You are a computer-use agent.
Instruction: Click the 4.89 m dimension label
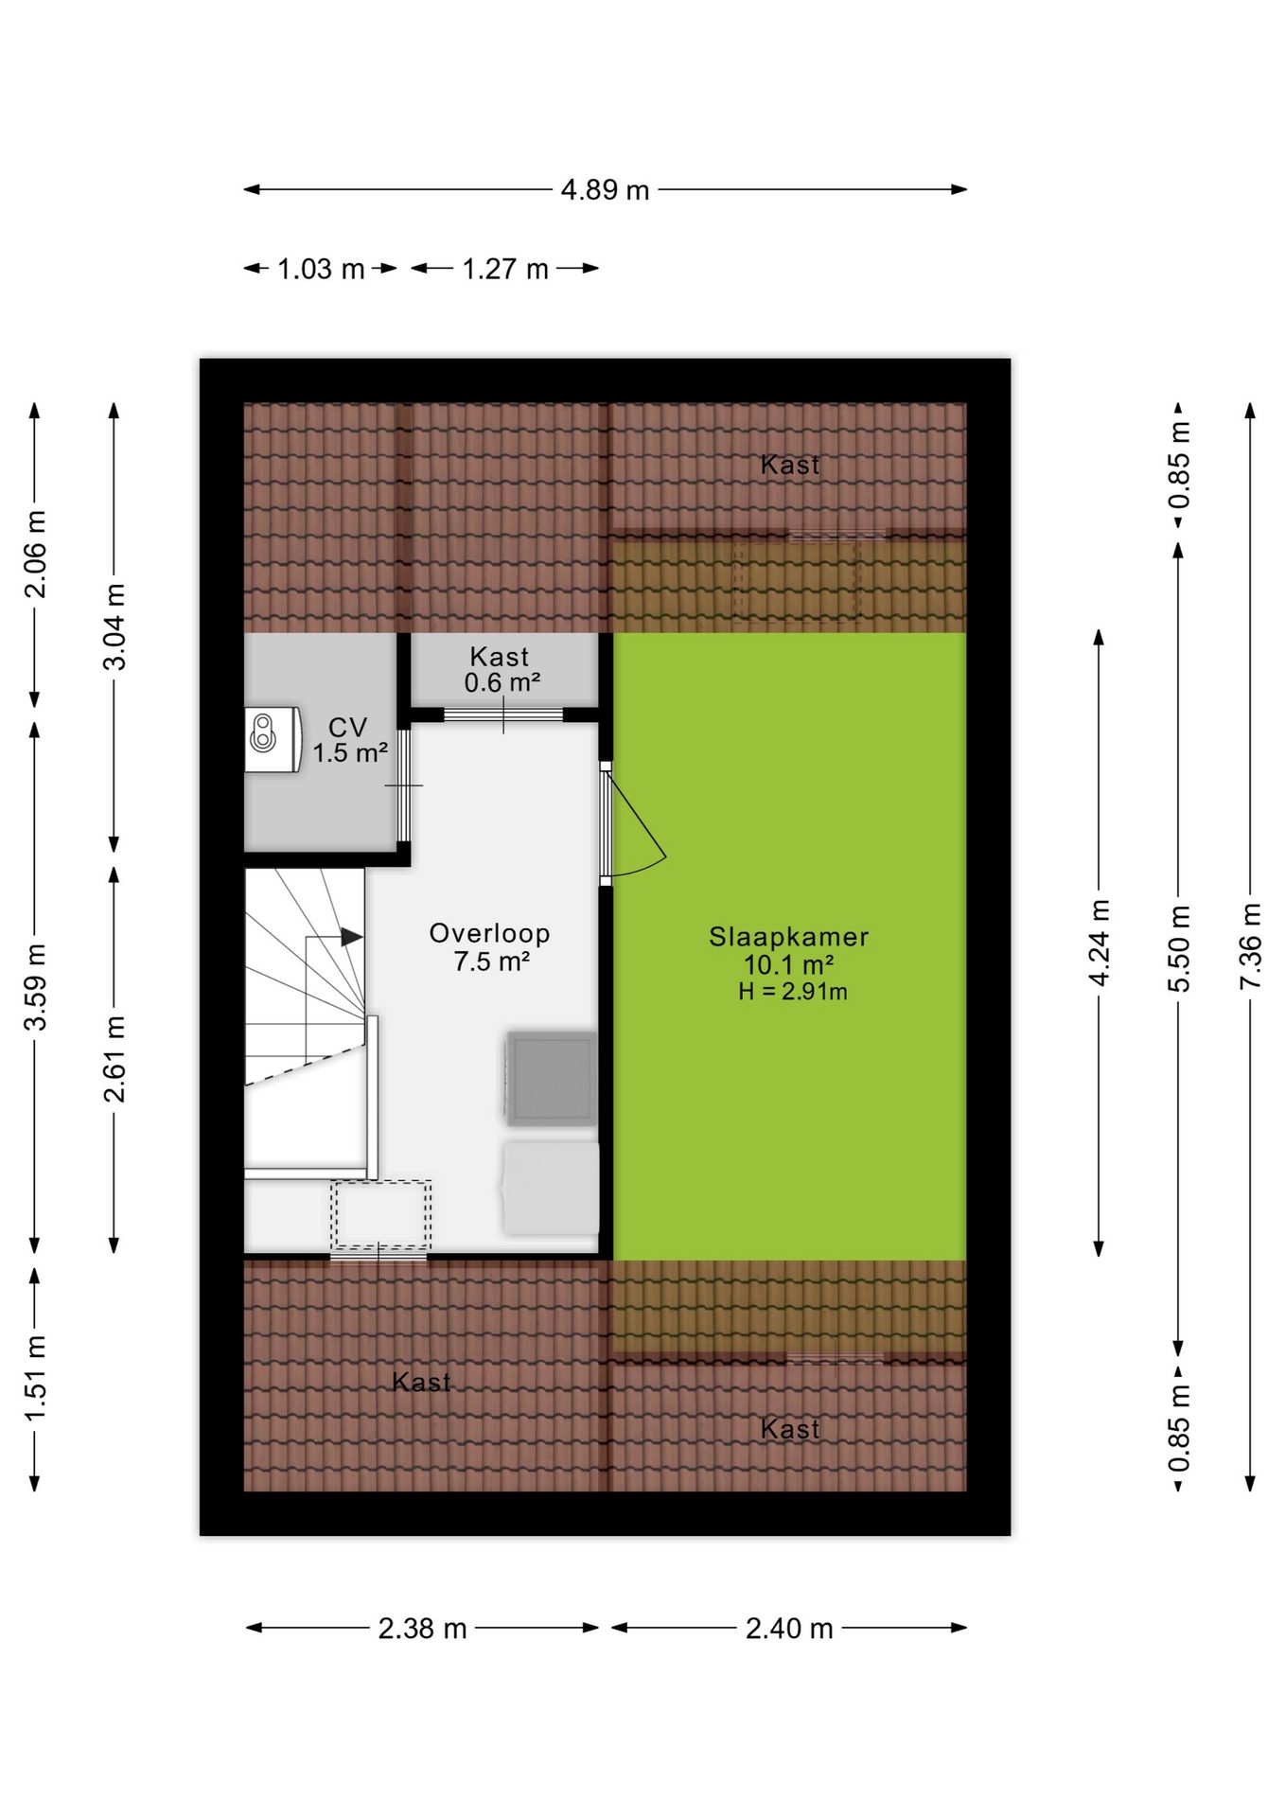tap(605, 190)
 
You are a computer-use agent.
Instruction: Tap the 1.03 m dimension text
tap(321, 270)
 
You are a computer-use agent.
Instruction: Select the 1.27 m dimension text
tap(505, 270)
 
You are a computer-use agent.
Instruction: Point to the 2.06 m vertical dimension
tap(35, 554)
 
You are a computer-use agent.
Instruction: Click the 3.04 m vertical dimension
tap(114, 626)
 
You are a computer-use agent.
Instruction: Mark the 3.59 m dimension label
tap(35, 986)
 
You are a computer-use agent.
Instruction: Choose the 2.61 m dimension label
tap(114, 1059)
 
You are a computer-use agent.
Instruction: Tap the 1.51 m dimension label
tap(35, 1378)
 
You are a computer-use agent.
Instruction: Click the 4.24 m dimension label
tap(1100, 943)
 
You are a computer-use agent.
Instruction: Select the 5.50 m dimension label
tap(1179, 948)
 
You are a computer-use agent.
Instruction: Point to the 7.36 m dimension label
tap(1251, 946)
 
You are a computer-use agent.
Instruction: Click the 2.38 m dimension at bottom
tap(422, 1629)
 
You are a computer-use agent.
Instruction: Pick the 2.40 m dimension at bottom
tap(789, 1629)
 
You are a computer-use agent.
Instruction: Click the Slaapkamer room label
tap(789, 937)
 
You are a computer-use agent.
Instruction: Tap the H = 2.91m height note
tap(793, 992)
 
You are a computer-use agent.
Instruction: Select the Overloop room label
tap(490, 933)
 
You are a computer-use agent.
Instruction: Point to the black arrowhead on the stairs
tap(352, 937)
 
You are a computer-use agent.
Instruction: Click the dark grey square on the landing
tap(552, 1078)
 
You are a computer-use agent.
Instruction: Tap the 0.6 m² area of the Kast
tap(502, 682)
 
